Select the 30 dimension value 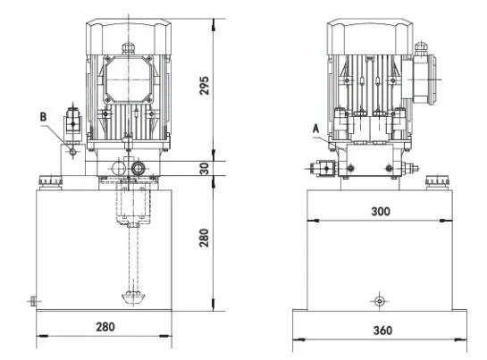point(205,169)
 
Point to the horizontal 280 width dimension point(105,327)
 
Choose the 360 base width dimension point(382,331)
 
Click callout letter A point(315,127)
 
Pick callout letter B point(42,116)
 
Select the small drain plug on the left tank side point(32,300)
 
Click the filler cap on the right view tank point(436,184)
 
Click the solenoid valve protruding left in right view point(318,167)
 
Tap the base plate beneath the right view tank point(382,314)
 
